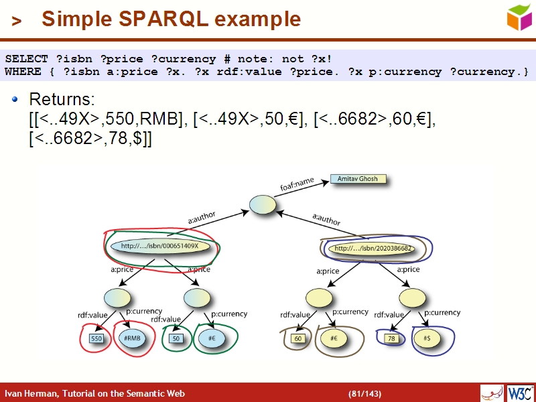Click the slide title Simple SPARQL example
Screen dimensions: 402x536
pyautogui.click(x=171, y=19)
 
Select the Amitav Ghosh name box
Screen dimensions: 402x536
pyautogui.click(x=358, y=180)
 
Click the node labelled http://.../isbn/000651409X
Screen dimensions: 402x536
pyautogui.click(x=161, y=246)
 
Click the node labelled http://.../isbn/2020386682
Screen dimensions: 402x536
pyautogui.click(x=373, y=249)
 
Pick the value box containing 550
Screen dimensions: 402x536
pyautogui.click(x=96, y=339)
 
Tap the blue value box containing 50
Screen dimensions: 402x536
pyautogui.click(x=176, y=339)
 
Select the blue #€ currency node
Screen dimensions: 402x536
pyautogui.click(x=212, y=339)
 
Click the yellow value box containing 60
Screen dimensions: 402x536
pyautogui.click(x=299, y=339)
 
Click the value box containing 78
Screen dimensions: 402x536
pyautogui.click(x=391, y=339)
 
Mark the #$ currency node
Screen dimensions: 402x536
pyautogui.click(x=426, y=339)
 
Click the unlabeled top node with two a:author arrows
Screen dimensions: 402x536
pyautogui.click(x=262, y=205)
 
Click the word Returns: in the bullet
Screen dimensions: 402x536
pyautogui.click(x=61, y=100)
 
